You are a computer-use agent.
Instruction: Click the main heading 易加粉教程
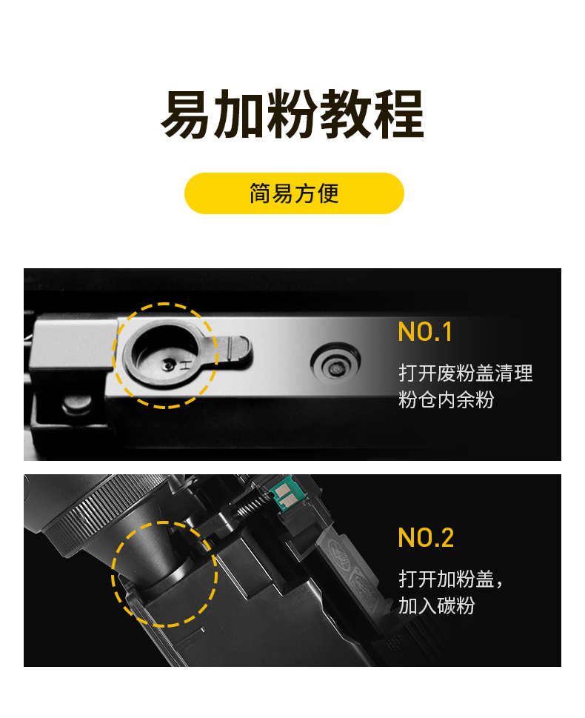tap(292, 114)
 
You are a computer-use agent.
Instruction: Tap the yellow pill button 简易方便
tap(294, 193)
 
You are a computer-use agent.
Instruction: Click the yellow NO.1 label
tap(425, 331)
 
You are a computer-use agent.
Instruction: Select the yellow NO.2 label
tap(426, 538)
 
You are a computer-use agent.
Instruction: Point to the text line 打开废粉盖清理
tap(466, 373)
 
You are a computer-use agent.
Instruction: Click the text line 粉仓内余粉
tap(446, 400)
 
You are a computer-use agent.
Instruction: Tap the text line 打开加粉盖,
tap(451, 579)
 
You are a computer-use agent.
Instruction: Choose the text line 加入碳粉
tap(436, 606)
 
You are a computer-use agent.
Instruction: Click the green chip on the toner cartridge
tap(282, 494)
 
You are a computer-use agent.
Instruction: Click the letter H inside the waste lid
tap(186, 365)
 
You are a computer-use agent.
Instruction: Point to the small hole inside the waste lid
tap(170, 365)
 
